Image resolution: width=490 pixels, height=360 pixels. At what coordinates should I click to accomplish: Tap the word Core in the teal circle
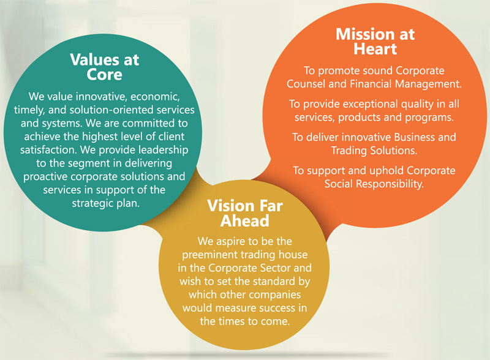(x=104, y=75)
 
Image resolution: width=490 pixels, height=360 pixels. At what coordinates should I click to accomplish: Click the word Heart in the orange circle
(x=375, y=49)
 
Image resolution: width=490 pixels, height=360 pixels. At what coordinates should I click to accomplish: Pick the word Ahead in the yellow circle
(x=244, y=221)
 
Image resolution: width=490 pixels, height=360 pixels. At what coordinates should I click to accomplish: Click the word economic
(x=155, y=97)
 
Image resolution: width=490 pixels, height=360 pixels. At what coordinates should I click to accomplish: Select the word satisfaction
(x=49, y=150)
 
